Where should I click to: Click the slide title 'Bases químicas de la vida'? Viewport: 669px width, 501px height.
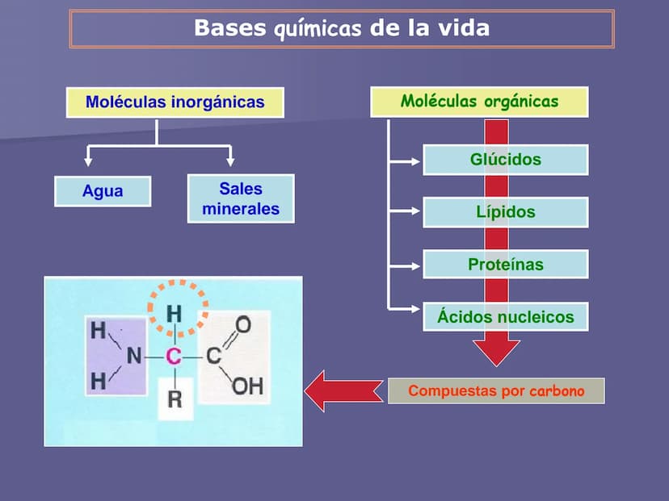[341, 28]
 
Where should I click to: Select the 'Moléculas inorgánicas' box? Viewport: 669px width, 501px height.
[175, 102]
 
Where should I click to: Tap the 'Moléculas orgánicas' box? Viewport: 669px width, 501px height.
[479, 102]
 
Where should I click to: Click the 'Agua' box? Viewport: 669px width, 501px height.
[103, 192]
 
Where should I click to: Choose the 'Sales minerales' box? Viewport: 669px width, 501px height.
[241, 198]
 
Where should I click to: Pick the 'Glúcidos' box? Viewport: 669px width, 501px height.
[505, 160]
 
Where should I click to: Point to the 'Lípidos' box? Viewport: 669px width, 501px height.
[505, 212]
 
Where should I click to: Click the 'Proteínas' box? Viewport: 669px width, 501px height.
[505, 265]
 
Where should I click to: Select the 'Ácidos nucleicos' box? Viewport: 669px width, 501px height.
[505, 316]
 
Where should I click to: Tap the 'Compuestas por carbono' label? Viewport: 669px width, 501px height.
[496, 391]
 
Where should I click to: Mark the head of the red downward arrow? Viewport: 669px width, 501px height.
[496, 353]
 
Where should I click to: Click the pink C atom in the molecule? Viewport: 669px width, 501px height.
[174, 356]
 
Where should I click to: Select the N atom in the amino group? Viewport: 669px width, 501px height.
[134, 356]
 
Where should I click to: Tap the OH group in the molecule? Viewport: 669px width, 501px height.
[247, 386]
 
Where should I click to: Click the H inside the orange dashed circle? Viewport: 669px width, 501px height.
[175, 313]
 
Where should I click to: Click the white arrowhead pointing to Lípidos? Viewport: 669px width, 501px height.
[416, 212]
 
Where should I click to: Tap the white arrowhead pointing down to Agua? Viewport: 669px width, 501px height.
[88, 161]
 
